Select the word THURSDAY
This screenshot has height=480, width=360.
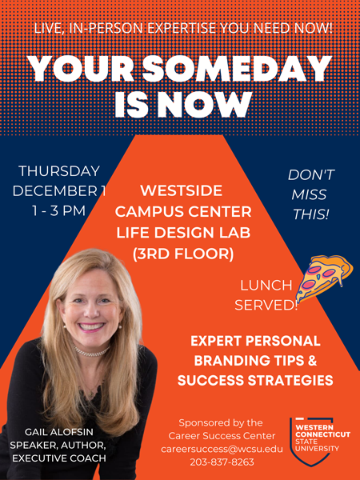59,171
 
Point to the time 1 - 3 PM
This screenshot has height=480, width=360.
58,211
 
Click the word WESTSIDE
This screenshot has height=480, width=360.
182,191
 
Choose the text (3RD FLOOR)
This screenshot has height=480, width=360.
183,254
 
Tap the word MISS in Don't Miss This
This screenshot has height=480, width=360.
309,194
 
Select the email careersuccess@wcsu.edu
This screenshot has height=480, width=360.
222,449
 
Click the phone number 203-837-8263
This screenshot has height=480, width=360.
222,462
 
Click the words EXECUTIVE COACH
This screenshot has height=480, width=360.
59,458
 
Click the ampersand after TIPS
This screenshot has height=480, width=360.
312,361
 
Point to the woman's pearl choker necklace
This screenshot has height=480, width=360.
91,351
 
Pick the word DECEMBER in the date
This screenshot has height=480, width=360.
56,191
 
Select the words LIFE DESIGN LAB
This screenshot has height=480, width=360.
183,233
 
